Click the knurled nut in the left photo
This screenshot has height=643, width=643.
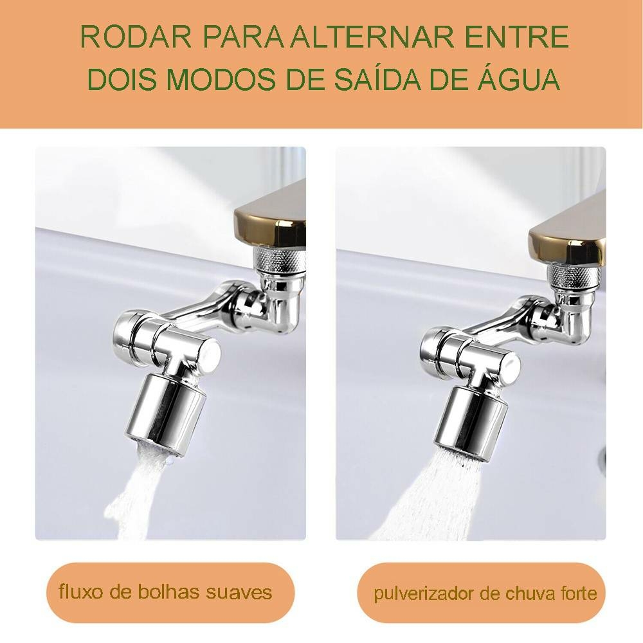(280, 261)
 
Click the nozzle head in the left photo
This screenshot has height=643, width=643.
(167, 414)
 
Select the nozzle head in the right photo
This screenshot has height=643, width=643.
(471, 424)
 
